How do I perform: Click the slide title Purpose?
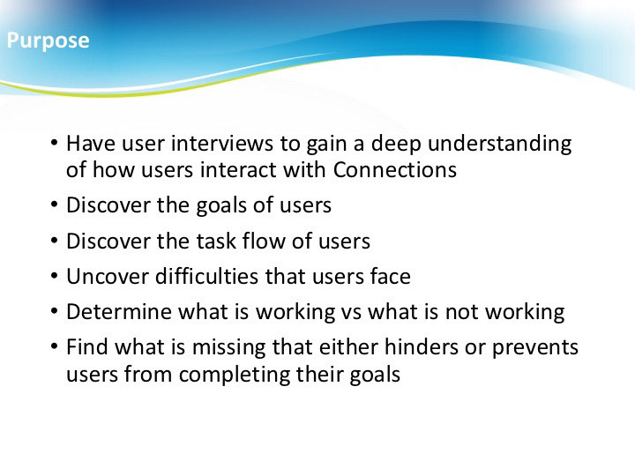click(x=48, y=41)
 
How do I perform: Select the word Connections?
click(x=395, y=169)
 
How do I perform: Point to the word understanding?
click(x=500, y=144)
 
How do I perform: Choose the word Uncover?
click(x=108, y=277)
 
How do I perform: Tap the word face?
click(x=391, y=276)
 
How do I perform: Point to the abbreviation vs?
click(x=348, y=312)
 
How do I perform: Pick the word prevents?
click(x=535, y=348)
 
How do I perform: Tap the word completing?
click(x=234, y=375)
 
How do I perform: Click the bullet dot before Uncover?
click(x=55, y=276)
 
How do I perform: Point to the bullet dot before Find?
click(x=55, y=347)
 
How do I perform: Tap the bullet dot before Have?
click(x=55, y=143)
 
